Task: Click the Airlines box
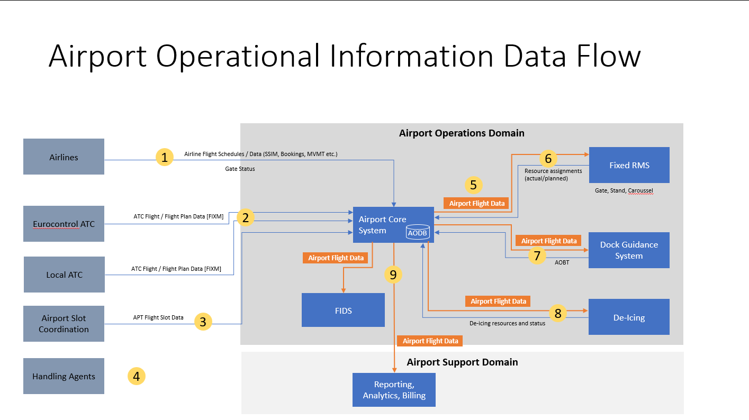click(64, 157)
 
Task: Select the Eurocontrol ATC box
click(64, 224)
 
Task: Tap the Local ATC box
click(64, 275)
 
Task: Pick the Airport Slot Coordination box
click(64, 323)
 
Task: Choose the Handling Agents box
click(64, 376)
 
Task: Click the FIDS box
click(343, 310)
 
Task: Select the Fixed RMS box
click(629, 165)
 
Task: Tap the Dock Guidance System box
click(629, 250)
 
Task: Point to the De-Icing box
click(629, 317)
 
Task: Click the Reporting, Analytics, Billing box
click(394, 390)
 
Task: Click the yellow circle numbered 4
click(137, 376)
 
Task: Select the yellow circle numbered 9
click(393, 274)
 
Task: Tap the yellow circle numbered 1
click(165, 157)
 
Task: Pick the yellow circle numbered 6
click(548, 158)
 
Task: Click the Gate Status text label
click(240, 169)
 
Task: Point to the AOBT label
click(562, 262)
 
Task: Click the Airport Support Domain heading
click(462, 362)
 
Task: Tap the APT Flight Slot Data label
click(158, 317)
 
